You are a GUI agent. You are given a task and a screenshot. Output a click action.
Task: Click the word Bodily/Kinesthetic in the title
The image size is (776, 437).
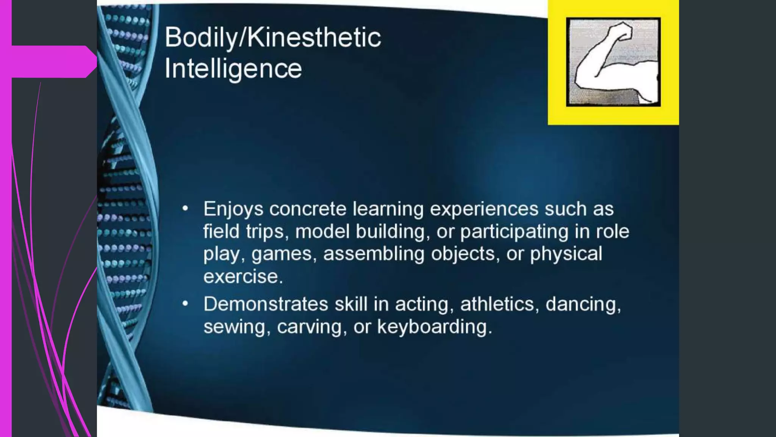273,38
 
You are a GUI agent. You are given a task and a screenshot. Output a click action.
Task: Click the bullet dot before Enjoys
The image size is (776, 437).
185,209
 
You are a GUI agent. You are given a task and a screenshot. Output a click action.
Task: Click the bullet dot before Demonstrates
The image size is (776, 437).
185,304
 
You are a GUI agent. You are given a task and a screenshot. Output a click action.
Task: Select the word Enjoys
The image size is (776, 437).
233,209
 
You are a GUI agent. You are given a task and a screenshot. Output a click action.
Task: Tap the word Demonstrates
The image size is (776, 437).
266,304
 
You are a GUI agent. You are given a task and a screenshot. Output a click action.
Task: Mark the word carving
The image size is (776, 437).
309,327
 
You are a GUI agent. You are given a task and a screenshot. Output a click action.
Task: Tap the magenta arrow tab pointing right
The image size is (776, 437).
53,61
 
